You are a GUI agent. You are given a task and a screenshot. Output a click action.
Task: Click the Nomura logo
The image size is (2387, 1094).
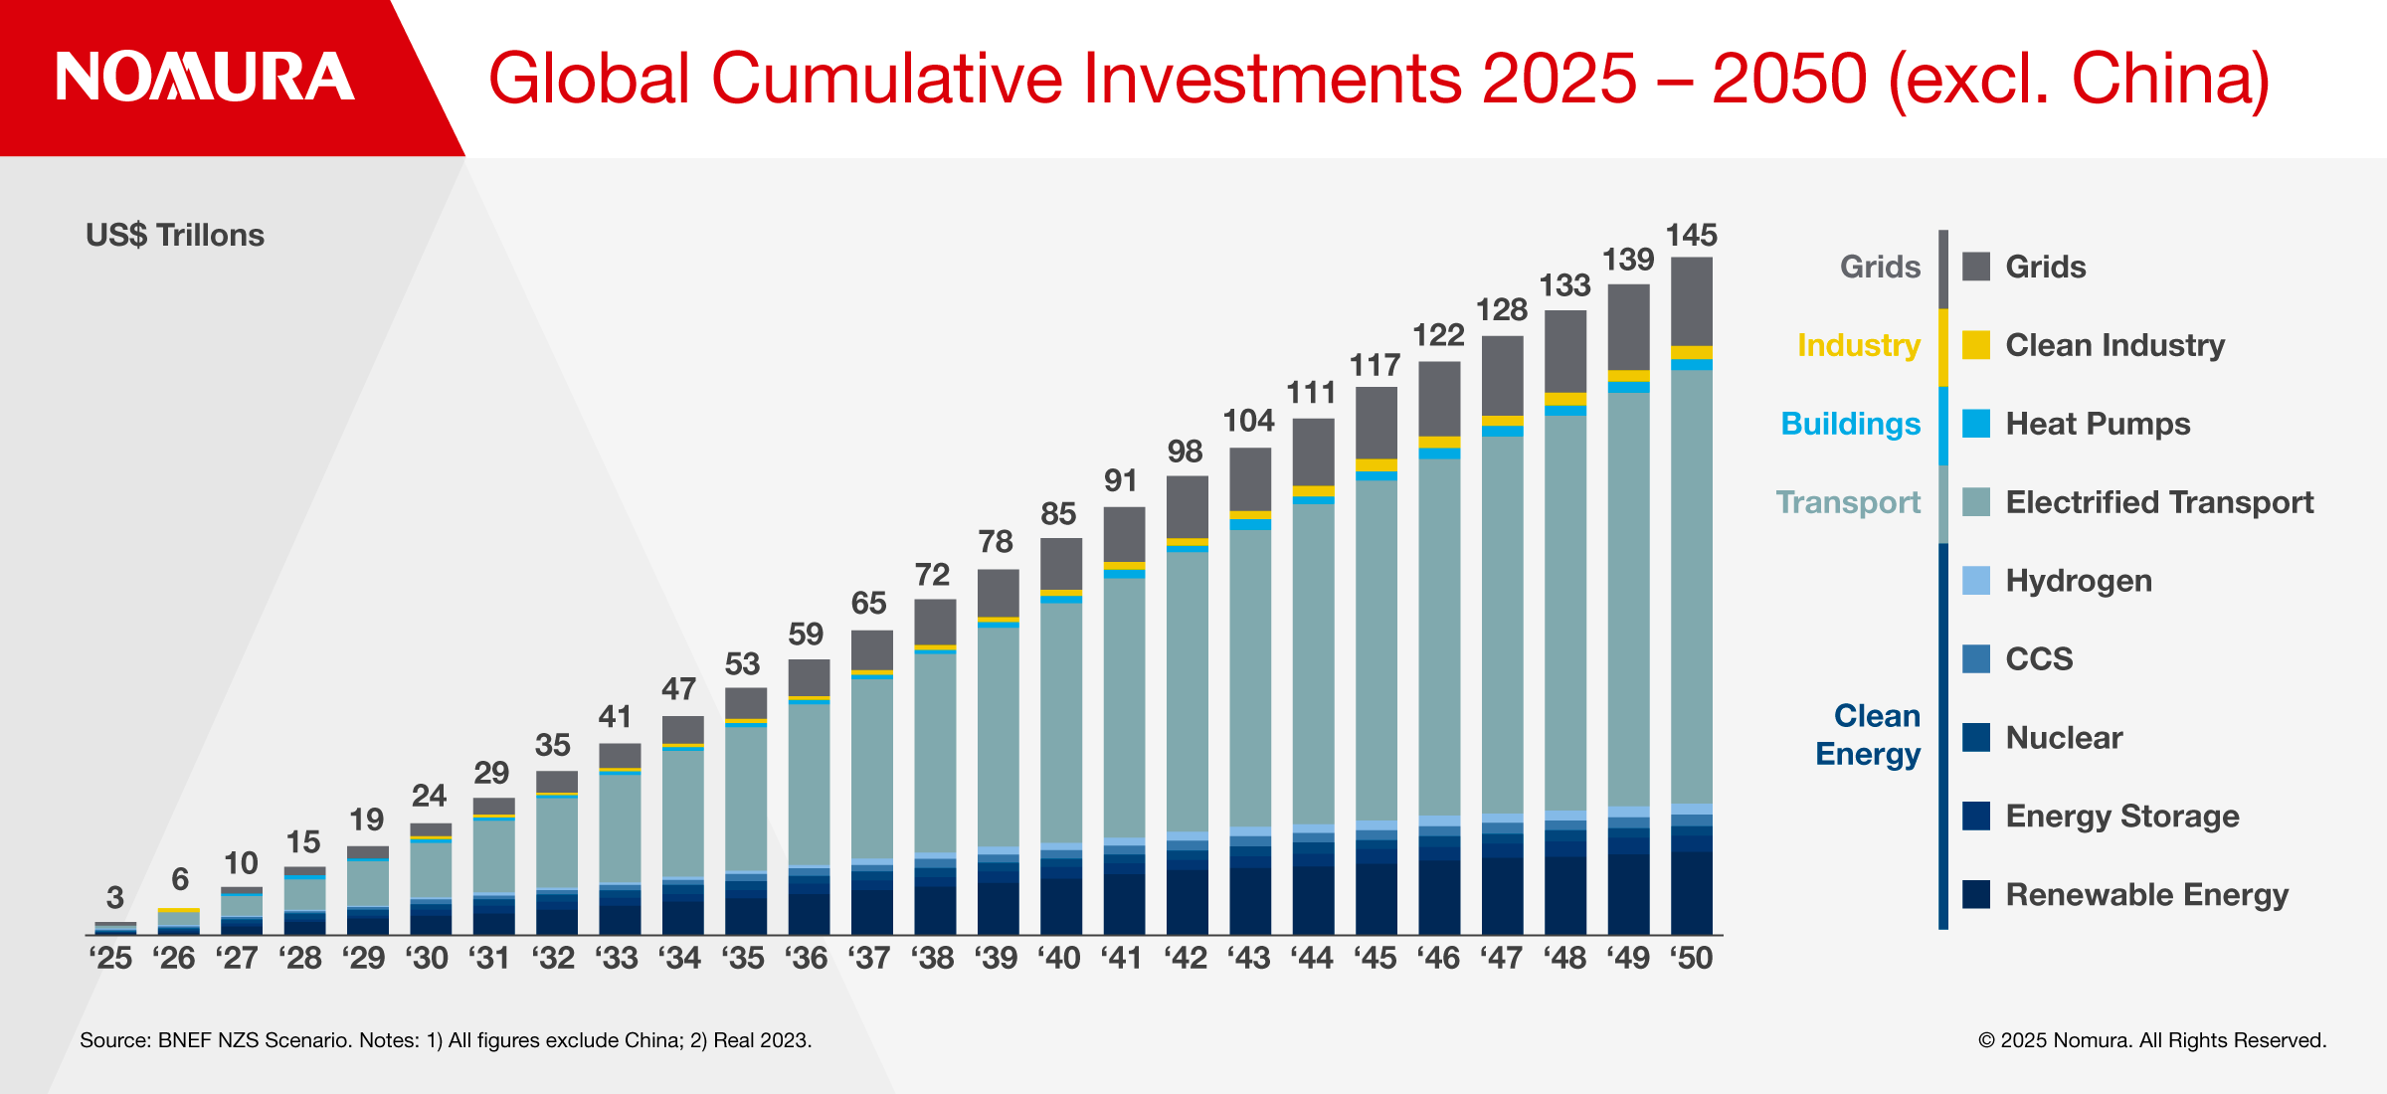point(205,78)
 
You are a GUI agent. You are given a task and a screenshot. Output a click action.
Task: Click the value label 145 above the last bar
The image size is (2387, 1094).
point(1691,236)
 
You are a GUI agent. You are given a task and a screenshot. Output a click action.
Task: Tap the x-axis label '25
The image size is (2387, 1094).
point(110,958)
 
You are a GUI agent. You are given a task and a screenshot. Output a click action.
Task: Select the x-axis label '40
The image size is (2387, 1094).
point(1059,958)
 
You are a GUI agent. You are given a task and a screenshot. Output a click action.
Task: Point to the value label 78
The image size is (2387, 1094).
point(996,542)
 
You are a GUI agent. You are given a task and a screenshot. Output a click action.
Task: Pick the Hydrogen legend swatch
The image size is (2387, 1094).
point(1976,581)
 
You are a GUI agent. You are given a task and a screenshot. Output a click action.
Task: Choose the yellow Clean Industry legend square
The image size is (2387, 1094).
point(1976,345)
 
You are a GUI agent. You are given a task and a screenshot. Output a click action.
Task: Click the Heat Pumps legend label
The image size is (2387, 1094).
point(2098,424)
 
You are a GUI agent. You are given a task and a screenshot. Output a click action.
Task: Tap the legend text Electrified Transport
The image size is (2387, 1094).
point(2159,502)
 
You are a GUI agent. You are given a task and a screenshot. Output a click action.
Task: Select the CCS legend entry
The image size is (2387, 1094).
point(2039,659)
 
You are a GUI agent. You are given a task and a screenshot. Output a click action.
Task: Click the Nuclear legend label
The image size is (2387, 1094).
point(2064,738)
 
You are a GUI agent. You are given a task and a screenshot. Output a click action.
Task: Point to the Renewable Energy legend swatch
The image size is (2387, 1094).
point(1976,895)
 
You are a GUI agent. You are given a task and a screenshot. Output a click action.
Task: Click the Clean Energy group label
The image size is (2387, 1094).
point(1869,735)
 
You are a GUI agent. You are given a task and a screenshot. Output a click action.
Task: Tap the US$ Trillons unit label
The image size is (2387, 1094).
point(175,236)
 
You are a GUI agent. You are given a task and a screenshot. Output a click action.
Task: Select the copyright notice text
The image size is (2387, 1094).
point(2152,1040)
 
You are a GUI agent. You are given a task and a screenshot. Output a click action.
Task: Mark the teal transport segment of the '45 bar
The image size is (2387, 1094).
point(1376,646)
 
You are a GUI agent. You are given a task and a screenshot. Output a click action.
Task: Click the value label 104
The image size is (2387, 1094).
point(1248,421)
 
